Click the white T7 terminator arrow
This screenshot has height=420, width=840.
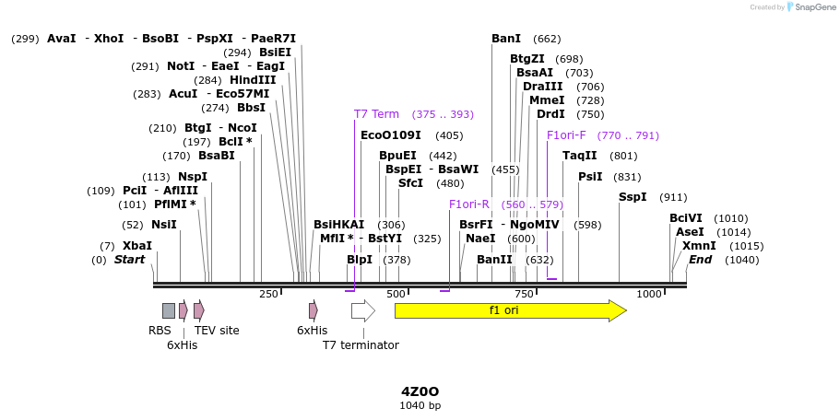click(x=362, y=310)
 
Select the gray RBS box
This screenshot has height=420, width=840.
click(x=168, y=310)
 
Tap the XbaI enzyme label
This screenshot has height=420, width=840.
click(x=136, y=246)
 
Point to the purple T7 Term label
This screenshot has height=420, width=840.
click(x=376, y=114)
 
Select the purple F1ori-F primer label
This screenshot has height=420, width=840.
click(x=566, y=135)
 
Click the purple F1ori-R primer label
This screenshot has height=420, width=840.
click(x=468, y=204)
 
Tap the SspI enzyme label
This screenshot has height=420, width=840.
click(x=633, y=197)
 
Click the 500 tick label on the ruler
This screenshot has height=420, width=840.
click(x=396, y=294)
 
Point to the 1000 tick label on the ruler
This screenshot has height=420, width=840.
click(x=649, y=294)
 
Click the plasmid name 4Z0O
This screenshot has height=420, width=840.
click(x=420, y=391)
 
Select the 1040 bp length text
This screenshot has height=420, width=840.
click(x=420, y=405)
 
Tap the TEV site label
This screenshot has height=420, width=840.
click(x=217, y=331)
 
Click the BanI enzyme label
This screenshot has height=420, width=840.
click(x=506, y=39)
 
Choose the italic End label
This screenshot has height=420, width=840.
click(x=700, y=260)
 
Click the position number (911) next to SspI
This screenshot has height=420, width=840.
click(x=673, y=197)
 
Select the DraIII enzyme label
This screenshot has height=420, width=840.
click(x=543, y=87)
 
